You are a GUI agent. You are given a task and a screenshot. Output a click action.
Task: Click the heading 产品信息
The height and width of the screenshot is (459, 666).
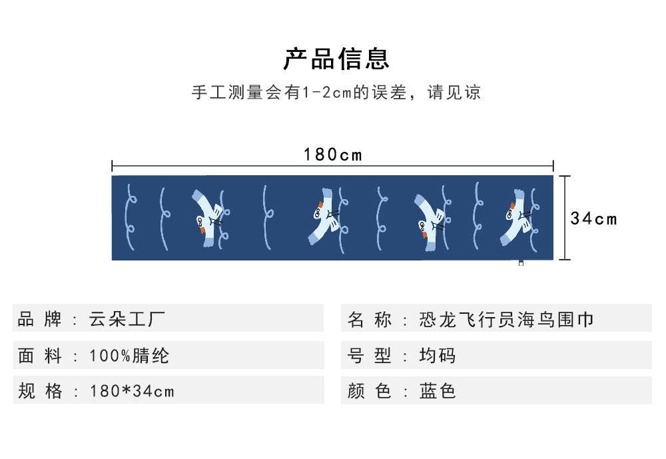336,59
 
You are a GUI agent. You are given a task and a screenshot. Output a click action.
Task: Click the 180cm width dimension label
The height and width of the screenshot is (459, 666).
333,155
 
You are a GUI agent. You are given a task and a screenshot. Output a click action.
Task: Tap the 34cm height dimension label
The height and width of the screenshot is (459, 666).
594,219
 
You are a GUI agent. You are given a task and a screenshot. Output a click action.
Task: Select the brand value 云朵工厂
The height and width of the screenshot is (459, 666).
127,319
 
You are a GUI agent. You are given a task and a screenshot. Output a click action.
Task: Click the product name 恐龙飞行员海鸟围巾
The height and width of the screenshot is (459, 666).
506,320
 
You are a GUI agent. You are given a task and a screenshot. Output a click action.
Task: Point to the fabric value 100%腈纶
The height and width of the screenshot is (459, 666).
129,356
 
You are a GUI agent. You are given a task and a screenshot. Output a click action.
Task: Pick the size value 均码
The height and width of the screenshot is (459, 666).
438,356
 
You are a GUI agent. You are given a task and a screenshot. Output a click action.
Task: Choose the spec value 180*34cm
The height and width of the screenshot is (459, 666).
132,391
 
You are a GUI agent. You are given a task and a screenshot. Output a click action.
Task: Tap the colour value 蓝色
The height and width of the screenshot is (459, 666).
438,391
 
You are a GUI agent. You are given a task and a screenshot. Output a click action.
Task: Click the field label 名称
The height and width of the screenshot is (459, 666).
370,320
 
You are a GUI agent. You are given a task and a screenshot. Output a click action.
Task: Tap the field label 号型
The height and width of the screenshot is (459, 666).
370,356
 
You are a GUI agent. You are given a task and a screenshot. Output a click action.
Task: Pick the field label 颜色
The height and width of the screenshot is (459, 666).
370,391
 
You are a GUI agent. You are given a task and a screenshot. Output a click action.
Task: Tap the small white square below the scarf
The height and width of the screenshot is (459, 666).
521,263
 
